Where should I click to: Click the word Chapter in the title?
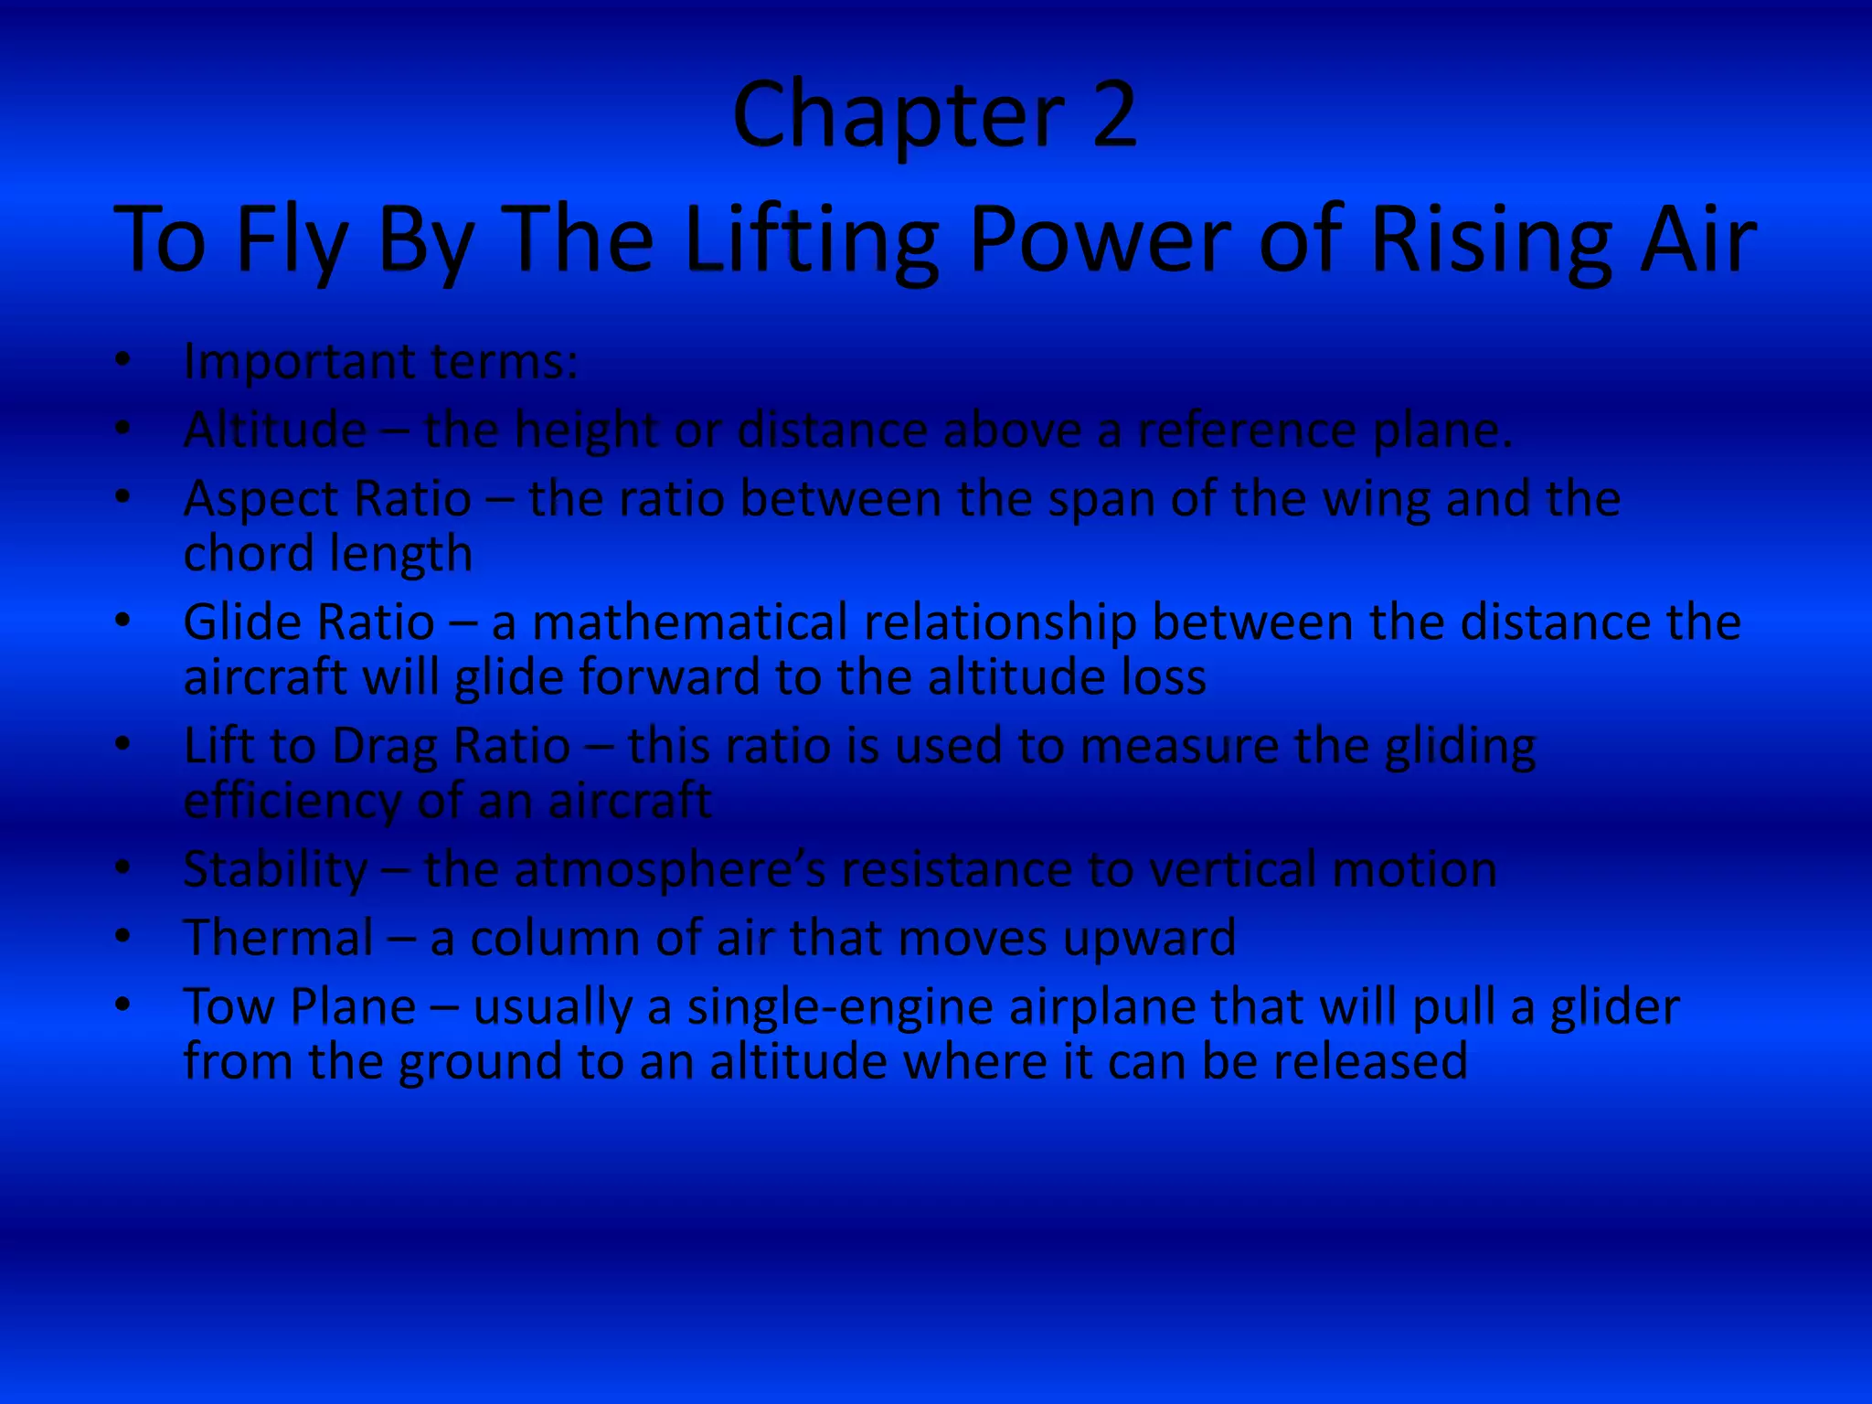click(x=899, y=115)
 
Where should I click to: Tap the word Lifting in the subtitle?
click(x=812, y=239)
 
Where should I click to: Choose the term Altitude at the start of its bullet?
click(x=275, y=430)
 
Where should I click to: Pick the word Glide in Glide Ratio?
click(x=240, y=622)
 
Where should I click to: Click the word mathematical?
click(x=690, y=622)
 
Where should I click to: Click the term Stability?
click(x=275, y=869)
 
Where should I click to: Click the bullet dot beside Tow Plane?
click(x=123, y=1005)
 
